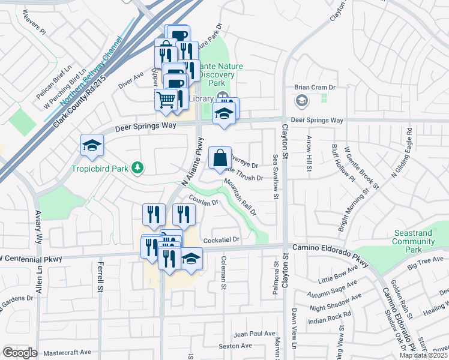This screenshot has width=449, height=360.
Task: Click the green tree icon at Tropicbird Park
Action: pyautogui.click(x=138, y=167)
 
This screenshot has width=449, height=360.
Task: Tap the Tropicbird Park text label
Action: pyautogui.click(x=100, y=169)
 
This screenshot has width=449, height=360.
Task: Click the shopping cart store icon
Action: pyautogui.click(x=166, y=99)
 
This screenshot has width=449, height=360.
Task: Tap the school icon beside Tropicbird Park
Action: pyautogui.click(x=92, y=145)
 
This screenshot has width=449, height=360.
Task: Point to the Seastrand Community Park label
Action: pyautogui.click(x=414, y=241)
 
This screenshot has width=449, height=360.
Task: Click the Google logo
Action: pyautogui.click(x=20, y=353)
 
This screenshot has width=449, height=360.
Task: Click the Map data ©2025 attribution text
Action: pyautogui.click(x=423, y=355)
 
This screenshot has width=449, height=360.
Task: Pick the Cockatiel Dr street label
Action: pyautogui.click(x=221, y=240)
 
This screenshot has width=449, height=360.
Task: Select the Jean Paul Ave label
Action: pyautogui.click(x=255, y=334)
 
